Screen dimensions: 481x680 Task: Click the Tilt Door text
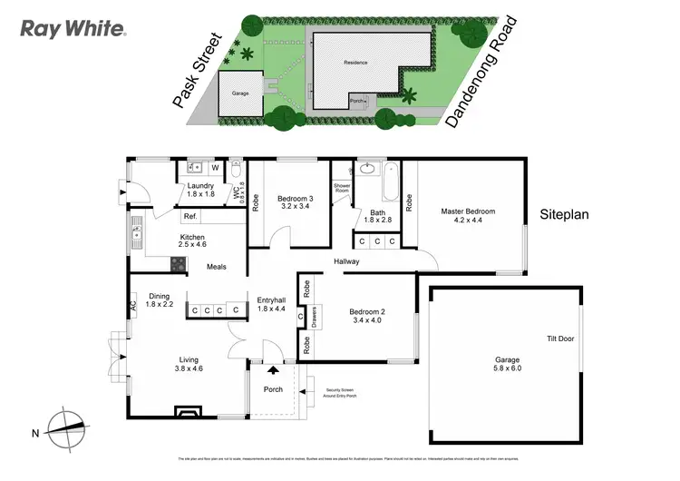click(559, 339)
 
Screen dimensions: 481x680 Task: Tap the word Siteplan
click(566, 216)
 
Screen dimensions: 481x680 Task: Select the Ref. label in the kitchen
click(190, 217)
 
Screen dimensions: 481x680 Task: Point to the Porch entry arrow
click(273, 370)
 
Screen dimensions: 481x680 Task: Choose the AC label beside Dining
click(133, 304)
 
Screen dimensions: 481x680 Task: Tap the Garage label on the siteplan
click(240, 93)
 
